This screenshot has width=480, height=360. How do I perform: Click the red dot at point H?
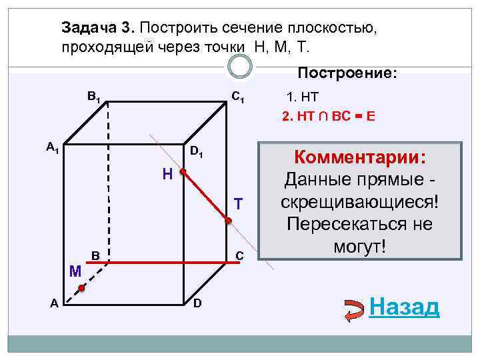[x=182, y=171]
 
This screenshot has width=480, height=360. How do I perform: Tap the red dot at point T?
[x=228, y=221]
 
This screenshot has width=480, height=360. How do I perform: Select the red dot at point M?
[x=81, y=289]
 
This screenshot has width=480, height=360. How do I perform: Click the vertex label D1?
[x=197, y=153]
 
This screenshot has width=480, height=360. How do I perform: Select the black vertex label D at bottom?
[x=197, y=304]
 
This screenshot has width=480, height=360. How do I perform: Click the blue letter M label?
[x=75, y=271]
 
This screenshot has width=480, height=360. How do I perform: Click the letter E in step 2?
[x=370, y=115]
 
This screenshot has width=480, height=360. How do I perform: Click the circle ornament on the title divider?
[x=240, y=65]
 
